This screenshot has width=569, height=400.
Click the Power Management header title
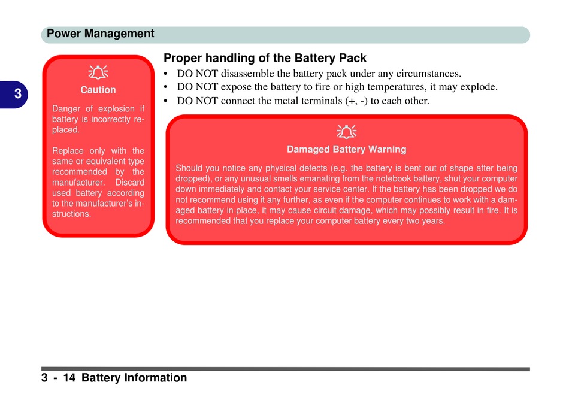[101, 34]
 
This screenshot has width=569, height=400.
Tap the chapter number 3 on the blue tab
[18, 94]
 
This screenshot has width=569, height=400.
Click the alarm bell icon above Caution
[98, 72]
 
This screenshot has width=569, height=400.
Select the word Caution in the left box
[98, 90]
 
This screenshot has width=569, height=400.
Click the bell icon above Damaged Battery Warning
[347, 132]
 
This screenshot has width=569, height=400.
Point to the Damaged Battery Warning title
[347, 150]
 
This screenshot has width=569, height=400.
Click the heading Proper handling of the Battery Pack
[265, 58]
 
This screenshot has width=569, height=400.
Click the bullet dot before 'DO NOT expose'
[165, 87]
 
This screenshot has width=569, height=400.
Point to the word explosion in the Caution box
[116, 109]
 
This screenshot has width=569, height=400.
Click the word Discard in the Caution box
[130, 183]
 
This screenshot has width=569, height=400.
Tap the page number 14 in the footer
[69, 378]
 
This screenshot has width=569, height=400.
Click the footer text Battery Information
[134, 378]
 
